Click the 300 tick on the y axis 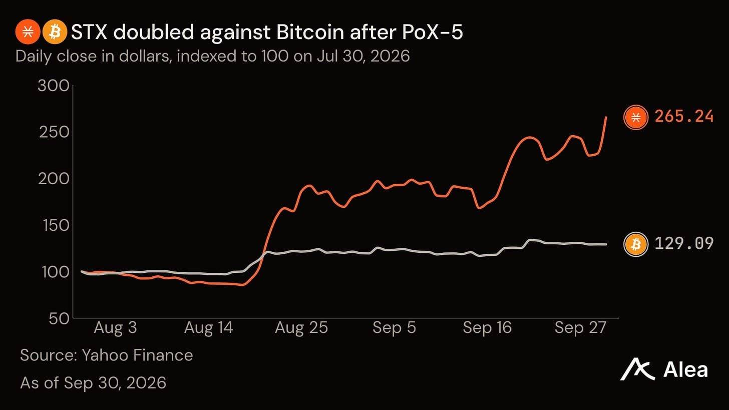tap(54, 86)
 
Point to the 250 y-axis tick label tap(55, 133)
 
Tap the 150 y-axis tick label tap(56, 225)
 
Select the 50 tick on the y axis tap(59, 318)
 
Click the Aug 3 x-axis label tap(116, 328)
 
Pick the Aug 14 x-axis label tap(209, 328)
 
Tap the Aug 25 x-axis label tap(301, 328)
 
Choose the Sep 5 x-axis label tap(394, 328)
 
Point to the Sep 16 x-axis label tap(487, 328)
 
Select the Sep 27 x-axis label tap(580, 328)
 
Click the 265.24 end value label tap(684, 117)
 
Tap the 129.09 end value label tap(684, 244)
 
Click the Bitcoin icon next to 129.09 tap(636, 244)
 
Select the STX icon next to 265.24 tap(636, 117)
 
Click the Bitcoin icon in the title tap(55, 32)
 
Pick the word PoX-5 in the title tap(432, 33)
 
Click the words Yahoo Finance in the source tap(137, 355)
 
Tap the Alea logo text tap(685, 369)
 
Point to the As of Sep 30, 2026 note tap(93, 383)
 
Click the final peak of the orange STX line tap(606, 117)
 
